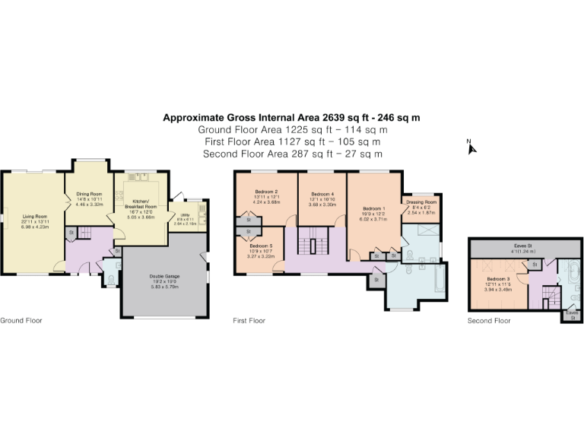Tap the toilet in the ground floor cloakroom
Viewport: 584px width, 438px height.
point(109,281)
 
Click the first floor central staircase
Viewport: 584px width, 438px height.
point(310,246)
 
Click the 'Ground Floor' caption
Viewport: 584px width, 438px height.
point(21,321)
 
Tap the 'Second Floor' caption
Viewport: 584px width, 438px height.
point(489,321)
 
